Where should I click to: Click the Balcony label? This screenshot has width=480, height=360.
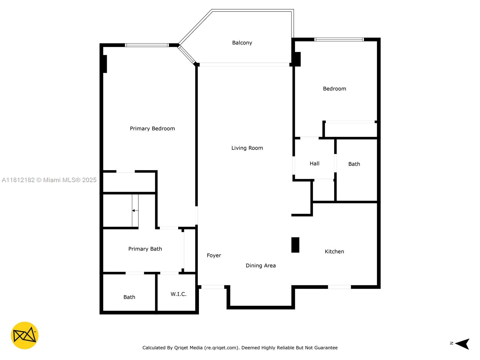click(242, 43)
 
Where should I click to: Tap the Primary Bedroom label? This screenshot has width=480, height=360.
click(152, 128)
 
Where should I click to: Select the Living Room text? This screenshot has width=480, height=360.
click(247, 148)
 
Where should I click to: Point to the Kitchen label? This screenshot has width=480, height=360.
click(334, 252)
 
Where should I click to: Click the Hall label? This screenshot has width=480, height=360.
click(314, 163)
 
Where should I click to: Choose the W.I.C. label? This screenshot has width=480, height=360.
click(178, 294)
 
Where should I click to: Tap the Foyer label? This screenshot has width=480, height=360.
click(214, 256)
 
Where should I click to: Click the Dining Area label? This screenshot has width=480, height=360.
click(261, 265)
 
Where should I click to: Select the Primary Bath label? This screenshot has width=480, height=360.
click(145, 249)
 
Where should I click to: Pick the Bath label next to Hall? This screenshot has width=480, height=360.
click(354, 164)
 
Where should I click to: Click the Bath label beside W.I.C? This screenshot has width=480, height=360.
click(129, 297)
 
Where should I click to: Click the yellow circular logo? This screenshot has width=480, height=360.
click(25, 335)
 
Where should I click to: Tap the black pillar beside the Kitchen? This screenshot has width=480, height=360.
click(295, 245)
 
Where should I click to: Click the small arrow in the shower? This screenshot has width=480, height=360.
click(135, 211)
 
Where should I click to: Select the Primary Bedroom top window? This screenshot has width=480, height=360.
click(147, 45)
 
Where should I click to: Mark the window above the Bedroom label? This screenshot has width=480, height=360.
click(339, 39)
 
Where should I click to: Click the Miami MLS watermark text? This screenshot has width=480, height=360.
click(49, 180)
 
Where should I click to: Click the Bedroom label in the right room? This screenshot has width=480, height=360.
click(334, 89)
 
